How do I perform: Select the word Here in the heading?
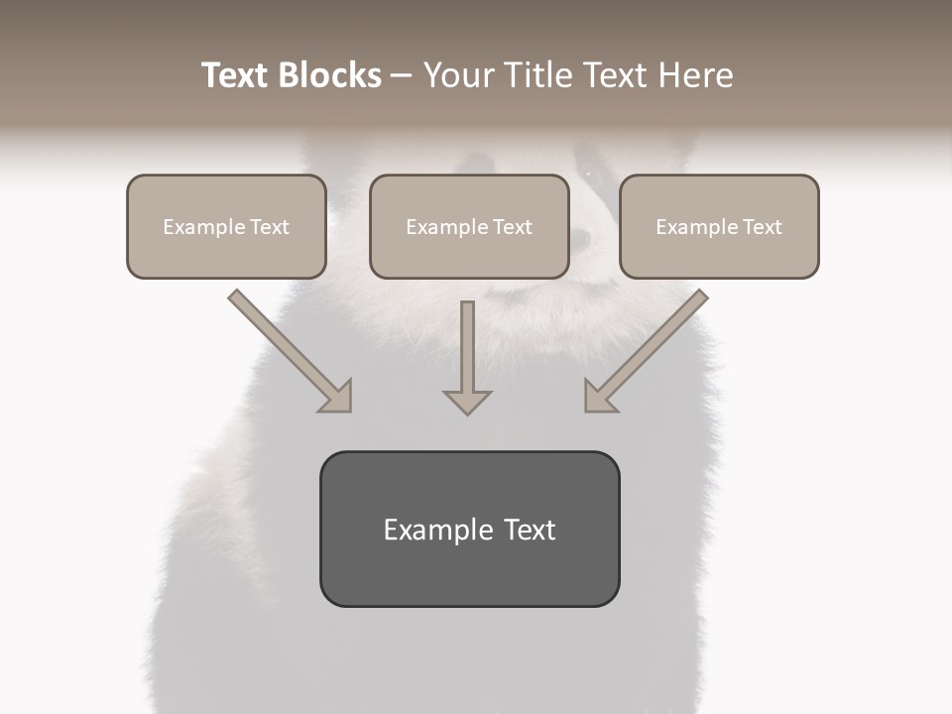693,75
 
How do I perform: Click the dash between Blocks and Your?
403,76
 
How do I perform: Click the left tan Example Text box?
226,226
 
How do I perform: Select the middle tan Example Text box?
469,226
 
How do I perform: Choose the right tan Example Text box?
719,226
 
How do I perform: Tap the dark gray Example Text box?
469,529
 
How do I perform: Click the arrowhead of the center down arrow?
467,401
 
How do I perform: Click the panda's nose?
581,238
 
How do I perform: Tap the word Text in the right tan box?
762,227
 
